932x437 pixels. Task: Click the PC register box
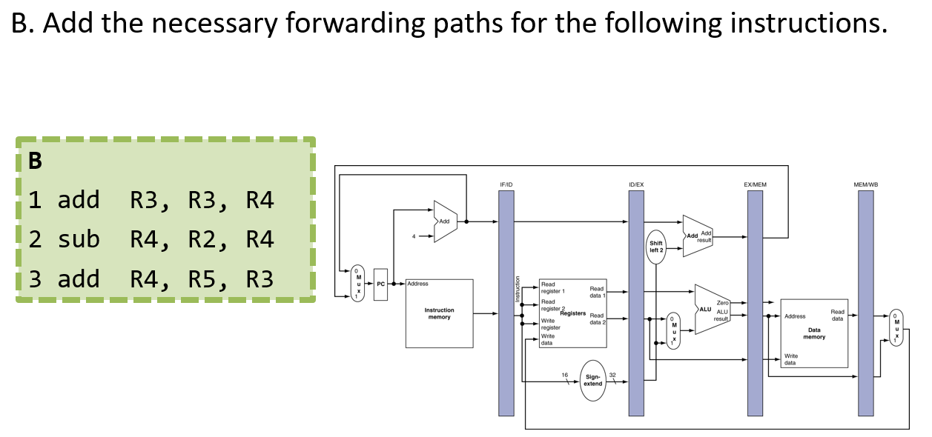[x=380, y=284]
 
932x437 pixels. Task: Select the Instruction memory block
[x=439, y=313]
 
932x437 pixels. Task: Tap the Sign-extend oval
[x=593, y=381]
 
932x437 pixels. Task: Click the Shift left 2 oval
[x=657, y=246]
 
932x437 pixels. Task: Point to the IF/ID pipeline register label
[x=506, y=184]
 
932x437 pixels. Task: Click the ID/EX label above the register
[x=636, y=184]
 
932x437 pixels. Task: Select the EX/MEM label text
[x=755, y=184]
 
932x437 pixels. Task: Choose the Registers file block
[x=572, y=313]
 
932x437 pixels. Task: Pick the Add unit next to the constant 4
[x=444, y=221]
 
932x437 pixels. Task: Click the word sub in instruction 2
[x=79, y=239]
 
